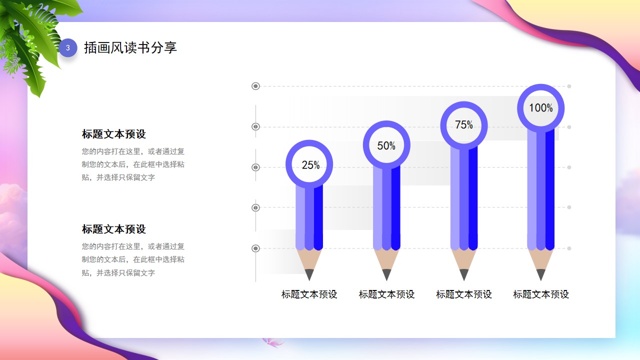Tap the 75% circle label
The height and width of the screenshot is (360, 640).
pyautogui.click(x=464, y=125)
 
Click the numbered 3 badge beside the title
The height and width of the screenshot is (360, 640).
pyautogui.click(x=68, y=47)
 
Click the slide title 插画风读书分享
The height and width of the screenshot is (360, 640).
pyautogui.click(x=130, y=47)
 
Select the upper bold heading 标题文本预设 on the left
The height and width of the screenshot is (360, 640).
pyautogui.click(x=113, y=134)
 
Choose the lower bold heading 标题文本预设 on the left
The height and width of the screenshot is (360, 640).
pyautogui.click(x=113, y=229)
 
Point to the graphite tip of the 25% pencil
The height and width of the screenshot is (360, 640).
pyautogui.click(x=309, y=274)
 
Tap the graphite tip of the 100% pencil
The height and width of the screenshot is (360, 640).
pyautogui.click(x=541, y=274)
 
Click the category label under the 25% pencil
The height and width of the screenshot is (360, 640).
pyautogui.click(x=309, y=294)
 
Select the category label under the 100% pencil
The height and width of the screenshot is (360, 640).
pyautogui.click(x=541, y=294)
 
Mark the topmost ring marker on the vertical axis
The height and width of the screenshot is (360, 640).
pyautogui.click(x=255, y=86)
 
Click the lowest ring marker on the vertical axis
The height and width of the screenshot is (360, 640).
pyautogui.click(x=255, y=248)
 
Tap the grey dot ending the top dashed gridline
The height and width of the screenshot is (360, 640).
pyautogui.click(x=569, y=86)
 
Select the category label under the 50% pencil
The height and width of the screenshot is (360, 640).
pyautogui.click(x=386, y=294)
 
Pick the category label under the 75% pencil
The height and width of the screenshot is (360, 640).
pyautogui.click(x=464, y=294)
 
